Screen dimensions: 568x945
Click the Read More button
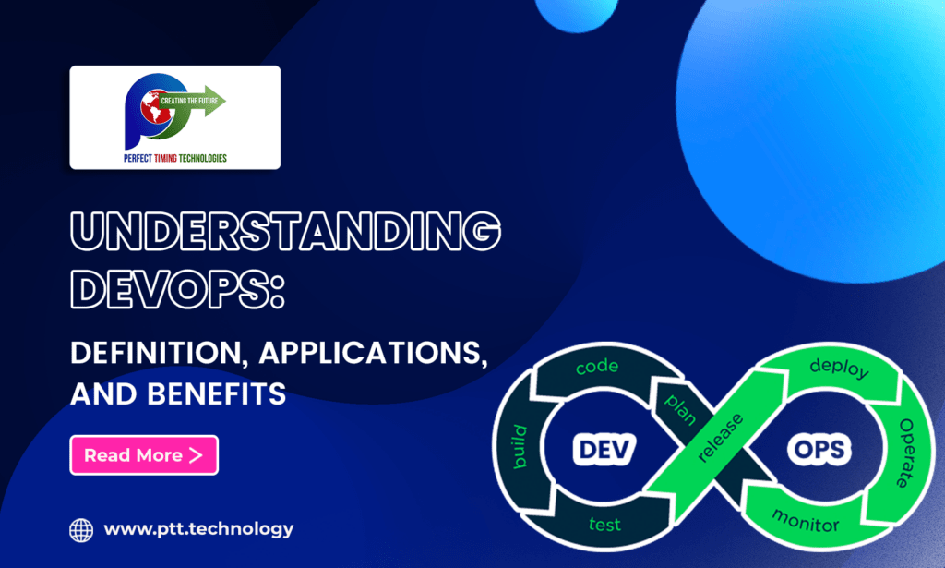[x=144, y=455]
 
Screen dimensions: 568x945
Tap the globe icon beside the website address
[x=81, y=530]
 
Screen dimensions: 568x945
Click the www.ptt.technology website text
[x=198, y=529]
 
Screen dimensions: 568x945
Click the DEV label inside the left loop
[x=600, y=451]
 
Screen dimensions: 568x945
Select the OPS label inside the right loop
[x=819, y=451]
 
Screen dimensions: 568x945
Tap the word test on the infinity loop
[x=604, y=526]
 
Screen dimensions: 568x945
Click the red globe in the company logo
[x=153, y=110]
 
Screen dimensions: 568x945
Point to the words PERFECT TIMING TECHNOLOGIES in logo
[x=174, y=158]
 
